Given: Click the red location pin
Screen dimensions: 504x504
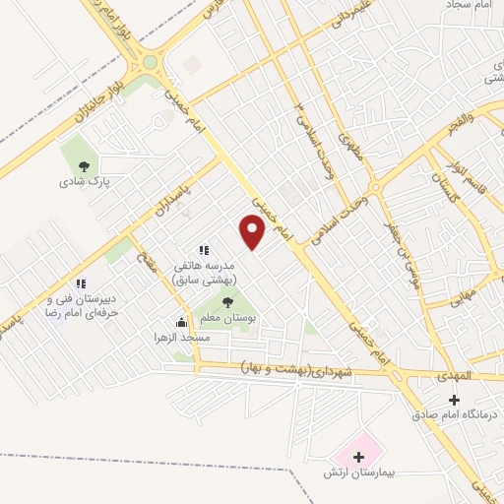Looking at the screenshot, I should (x=254, y=232).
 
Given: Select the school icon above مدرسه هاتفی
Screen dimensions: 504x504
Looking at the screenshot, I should (x=204, y=251).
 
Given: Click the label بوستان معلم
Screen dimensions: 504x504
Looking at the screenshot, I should (x=228, y=320).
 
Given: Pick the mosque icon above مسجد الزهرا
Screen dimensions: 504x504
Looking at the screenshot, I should (x=181, y=322).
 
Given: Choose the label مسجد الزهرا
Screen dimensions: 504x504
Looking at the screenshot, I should (x=181, y=338).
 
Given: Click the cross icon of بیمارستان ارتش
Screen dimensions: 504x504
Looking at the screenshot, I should (x=358, y=457).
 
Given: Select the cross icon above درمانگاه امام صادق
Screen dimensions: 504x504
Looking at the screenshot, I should (x=453, y=399).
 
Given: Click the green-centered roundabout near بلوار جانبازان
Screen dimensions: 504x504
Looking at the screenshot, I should (x=150, y=61).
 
